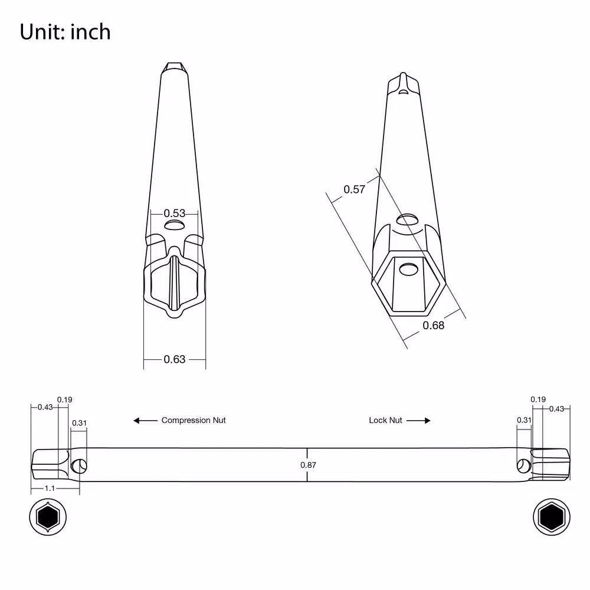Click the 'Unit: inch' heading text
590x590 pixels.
click(x=65, y=32)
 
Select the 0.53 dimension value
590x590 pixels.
click(x=174, y=214)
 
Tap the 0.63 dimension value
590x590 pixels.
click(x=174, y=359)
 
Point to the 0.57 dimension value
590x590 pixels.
click(x=354, y=189)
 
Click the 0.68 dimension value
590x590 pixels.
click(x=434, y=326)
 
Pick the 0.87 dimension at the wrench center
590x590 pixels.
click(x=308, y=465)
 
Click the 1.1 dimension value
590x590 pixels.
click(x=50, y=489)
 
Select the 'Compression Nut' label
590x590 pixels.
click(x=194, y=420)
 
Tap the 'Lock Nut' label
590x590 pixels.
click(x=385, y=420)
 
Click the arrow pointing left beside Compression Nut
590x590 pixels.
click(x=145, y=420)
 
